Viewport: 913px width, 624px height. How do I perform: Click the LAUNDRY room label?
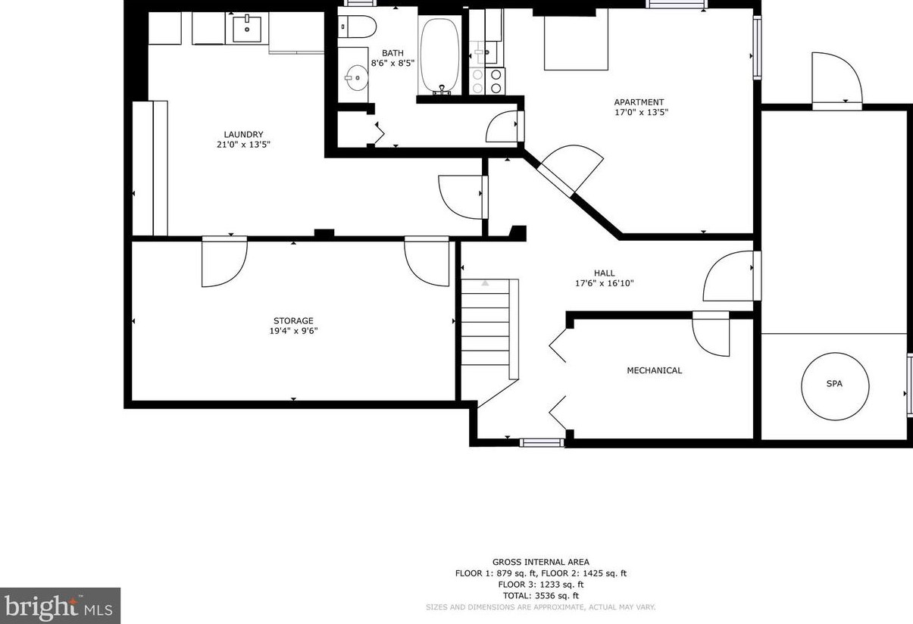tap(243, 134)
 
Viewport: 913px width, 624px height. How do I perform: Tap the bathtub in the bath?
tap(439, 55)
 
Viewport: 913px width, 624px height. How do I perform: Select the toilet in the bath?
tap(357, 27)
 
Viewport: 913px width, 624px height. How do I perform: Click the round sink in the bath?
tap(357, 78)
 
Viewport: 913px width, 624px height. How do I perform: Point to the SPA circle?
tap(835, 385)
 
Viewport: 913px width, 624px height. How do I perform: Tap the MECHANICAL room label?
tap(654, 370)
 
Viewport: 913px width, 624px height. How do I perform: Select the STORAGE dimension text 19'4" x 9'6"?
tap(293, 331)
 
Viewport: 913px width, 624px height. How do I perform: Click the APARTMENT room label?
tap(639, 102)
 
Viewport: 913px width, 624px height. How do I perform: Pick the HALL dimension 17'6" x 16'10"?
tap(605, 283)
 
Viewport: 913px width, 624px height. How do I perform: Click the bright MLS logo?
tap(60, 606)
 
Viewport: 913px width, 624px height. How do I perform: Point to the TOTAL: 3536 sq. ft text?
tap(541, 596)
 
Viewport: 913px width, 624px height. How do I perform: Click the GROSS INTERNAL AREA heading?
tap(541, 562)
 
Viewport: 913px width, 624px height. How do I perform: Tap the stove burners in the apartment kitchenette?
tap(487, 81)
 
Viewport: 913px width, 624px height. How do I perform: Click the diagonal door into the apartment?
tap(571, 171)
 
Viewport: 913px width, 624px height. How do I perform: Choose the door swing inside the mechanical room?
tap(711, 335)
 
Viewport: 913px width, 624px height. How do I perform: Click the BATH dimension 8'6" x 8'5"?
tap(392, 63)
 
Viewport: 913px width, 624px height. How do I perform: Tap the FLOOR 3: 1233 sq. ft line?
tap(541, 585)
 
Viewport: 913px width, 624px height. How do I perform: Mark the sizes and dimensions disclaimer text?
tap(541, 607)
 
